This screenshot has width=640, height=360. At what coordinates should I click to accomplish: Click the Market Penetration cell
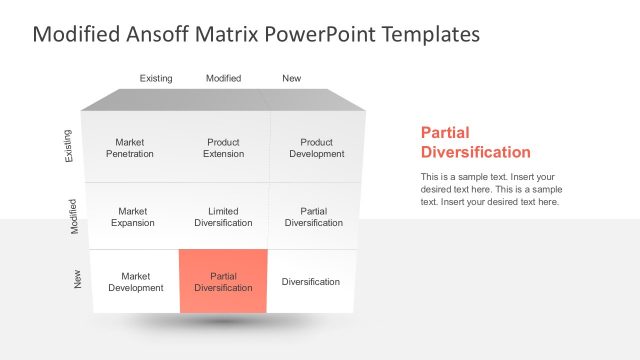(x=130, y=148)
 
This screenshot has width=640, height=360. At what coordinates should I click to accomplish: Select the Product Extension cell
(x=223, y=148)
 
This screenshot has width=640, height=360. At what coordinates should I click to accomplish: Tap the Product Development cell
(x=316, y=148)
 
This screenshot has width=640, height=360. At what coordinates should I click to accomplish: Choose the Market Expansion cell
(x=132, y=217)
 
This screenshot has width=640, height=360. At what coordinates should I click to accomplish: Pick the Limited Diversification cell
(x=223, y=217)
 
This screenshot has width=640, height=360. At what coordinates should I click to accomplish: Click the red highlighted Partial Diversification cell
(x=223, y=281)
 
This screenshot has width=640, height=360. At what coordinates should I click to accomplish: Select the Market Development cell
(x=135, y=281)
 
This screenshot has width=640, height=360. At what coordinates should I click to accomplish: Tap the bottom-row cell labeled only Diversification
(x=310, y=282)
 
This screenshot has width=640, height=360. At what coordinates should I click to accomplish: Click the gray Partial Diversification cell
(x=313, y=217)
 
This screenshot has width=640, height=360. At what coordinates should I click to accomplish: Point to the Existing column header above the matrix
(x=156, y=78)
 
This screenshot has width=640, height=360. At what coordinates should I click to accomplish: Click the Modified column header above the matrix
(x=223, y=78)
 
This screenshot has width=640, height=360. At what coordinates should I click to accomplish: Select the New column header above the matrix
(x=291, y=78)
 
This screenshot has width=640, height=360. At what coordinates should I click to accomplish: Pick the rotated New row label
(x=78, y=281)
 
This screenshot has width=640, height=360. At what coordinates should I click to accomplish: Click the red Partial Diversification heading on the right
(x=475, y=142)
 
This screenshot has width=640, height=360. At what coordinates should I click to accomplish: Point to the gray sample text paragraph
(x=490, y=189)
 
